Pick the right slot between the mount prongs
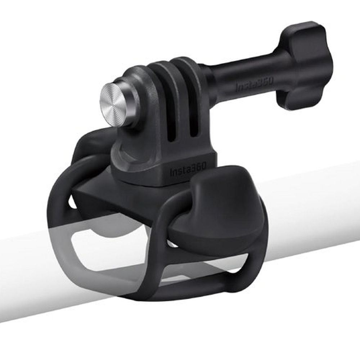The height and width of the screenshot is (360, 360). tap(194, 108)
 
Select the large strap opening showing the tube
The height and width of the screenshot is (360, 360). tap(104, 248)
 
